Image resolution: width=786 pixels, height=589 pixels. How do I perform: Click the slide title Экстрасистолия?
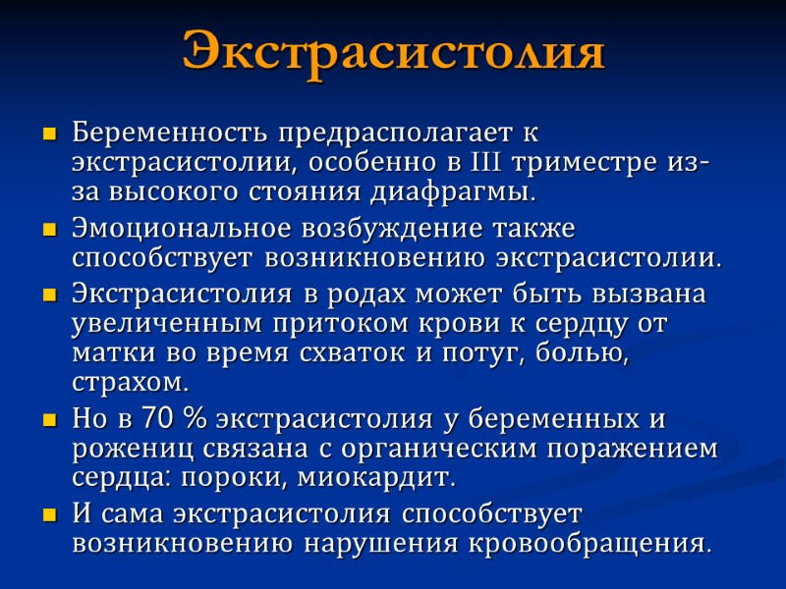(393, 52)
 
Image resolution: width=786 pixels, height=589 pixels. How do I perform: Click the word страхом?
(129, 380)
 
